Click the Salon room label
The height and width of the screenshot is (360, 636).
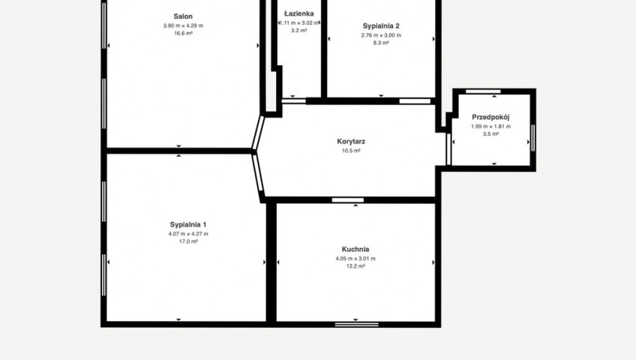point(183,16)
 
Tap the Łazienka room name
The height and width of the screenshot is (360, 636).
point(299,13)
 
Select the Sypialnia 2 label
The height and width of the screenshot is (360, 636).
point(381,26)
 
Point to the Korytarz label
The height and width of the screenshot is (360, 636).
point(351,142)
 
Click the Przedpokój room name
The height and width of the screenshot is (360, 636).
point(490,117)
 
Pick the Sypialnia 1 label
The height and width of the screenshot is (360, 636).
point(188,224)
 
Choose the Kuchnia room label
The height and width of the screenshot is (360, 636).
point(355,249)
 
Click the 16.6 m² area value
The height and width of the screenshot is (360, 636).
point(183,33)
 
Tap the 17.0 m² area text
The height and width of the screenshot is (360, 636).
point(188,241)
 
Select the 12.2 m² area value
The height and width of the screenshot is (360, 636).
point(355,266)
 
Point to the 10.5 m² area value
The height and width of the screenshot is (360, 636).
point(351,151)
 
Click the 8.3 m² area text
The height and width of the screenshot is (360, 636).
point(381,43)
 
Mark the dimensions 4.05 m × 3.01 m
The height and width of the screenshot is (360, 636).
point(355,258)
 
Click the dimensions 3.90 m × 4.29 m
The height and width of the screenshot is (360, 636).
point(183,25)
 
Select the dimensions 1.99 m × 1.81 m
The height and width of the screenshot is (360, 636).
point(490,126)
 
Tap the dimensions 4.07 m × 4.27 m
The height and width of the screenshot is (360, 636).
point(188,233)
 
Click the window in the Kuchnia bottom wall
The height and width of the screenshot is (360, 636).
point(357,324)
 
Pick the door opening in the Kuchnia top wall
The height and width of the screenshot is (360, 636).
point(347,199)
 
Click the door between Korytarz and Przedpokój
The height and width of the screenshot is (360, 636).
point(448,149)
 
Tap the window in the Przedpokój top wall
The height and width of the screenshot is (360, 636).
point(483,91)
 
